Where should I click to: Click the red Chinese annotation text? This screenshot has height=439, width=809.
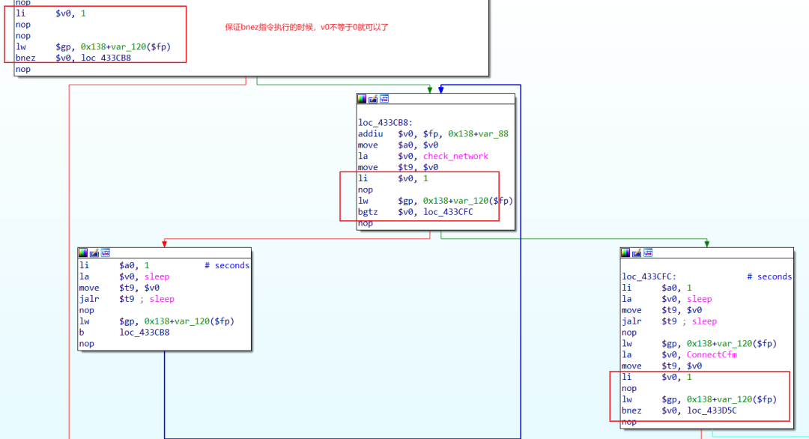point(307,27)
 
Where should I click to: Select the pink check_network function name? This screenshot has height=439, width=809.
point(455,156)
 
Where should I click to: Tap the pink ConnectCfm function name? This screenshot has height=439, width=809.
point(712,354)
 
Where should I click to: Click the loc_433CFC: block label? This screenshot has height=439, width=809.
point(649,276)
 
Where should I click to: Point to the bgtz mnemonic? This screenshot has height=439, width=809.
point(368,212)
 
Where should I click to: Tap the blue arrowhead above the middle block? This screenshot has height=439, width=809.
point(441,89)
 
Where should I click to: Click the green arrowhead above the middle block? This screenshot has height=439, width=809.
point(430,89)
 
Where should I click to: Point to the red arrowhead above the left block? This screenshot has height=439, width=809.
point(164,243)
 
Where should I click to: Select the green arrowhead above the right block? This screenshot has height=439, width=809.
point(706,243)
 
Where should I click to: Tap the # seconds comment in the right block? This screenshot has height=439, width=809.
point(769,276)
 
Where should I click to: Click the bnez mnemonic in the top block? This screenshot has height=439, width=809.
point(25,58)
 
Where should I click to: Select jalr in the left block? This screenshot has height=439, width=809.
point(88,299)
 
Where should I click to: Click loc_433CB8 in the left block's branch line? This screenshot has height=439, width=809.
point(145,332)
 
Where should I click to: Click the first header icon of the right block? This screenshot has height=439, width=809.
point(626,252)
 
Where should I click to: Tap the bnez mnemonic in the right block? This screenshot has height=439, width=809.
point(631,411)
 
